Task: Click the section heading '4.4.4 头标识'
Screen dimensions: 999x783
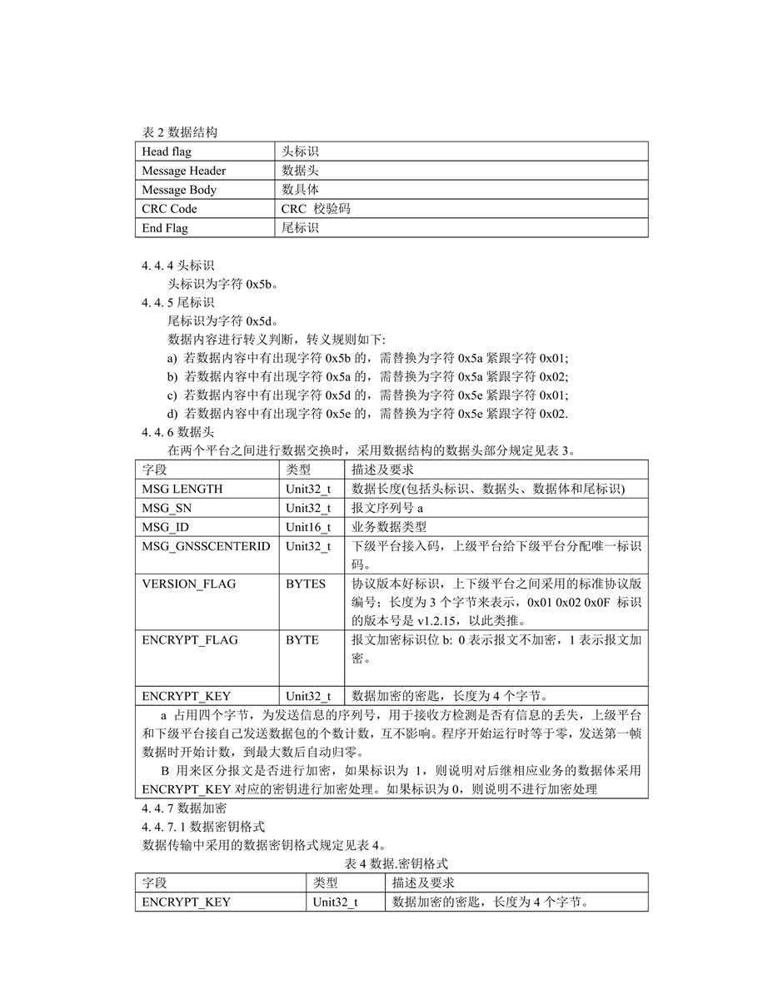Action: (177, 266)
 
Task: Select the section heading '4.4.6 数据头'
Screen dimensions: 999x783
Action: (177, 432)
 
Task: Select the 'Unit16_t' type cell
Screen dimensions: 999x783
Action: (308, 527)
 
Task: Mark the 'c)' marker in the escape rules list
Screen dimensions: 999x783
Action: (172, 395)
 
